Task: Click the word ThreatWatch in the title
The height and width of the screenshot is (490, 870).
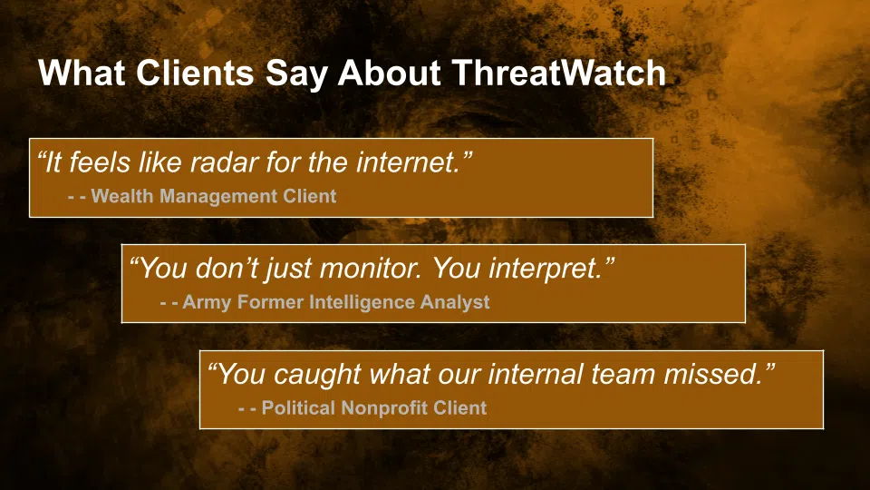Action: click(x=559, y=73)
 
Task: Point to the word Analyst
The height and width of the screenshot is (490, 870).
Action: click(x=455, y=302)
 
